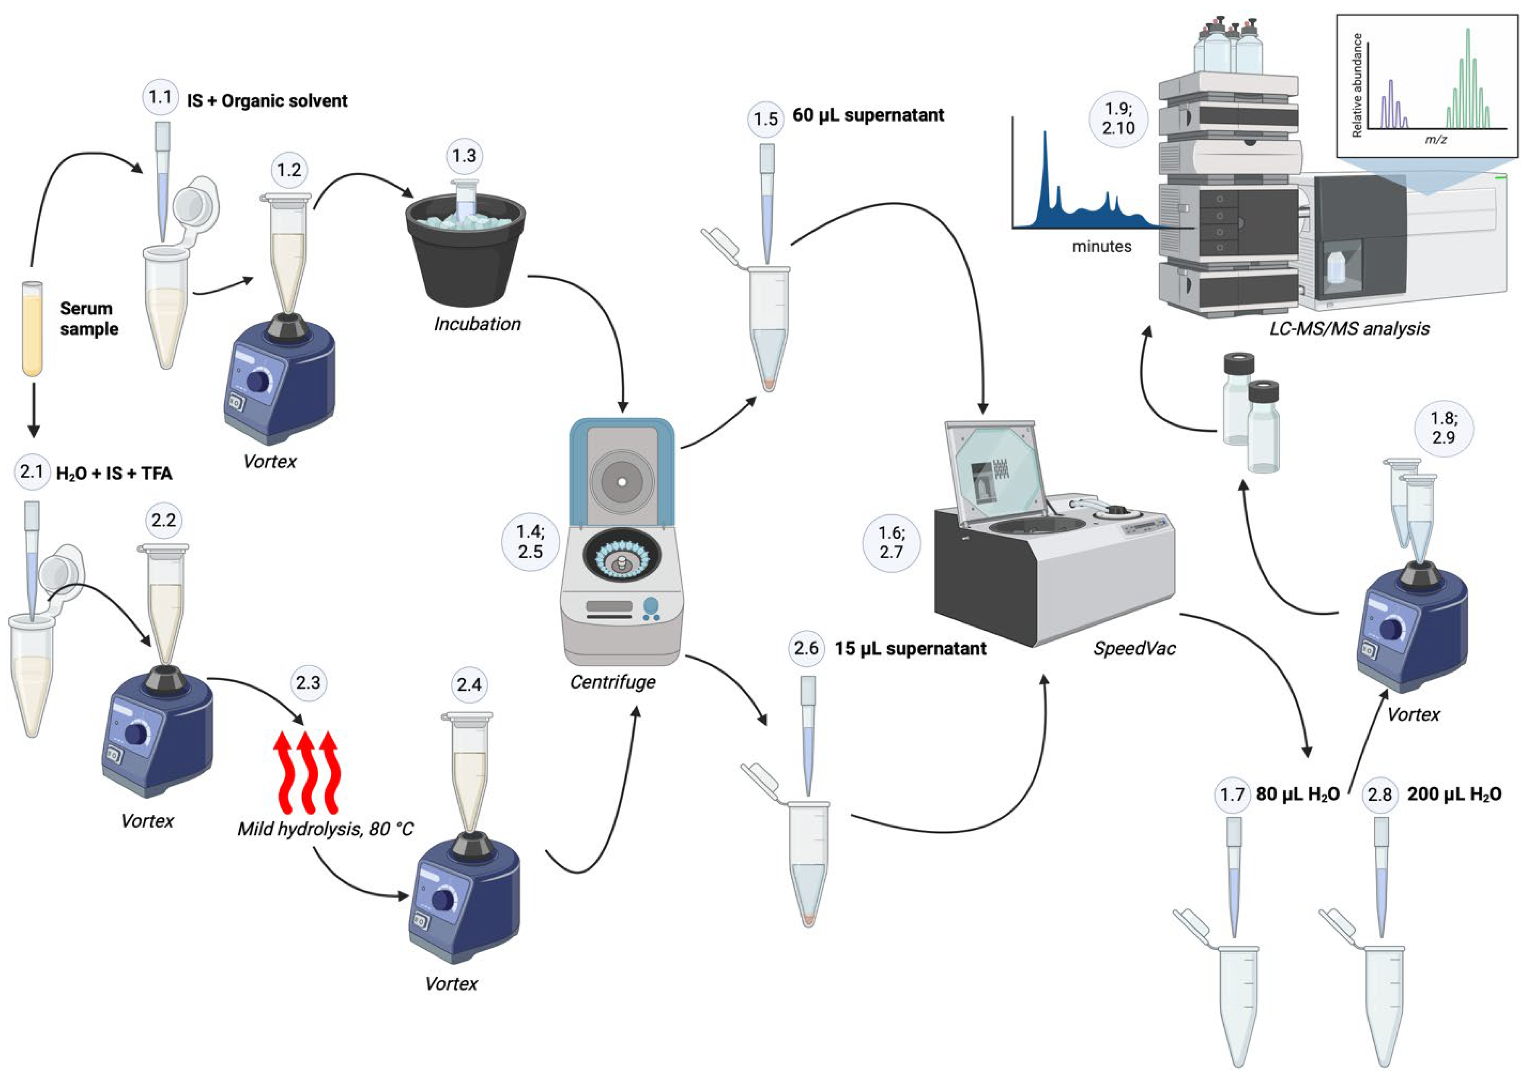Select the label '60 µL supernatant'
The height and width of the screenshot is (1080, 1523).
click(868, 115)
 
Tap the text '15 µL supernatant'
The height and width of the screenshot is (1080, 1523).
click(911, 648)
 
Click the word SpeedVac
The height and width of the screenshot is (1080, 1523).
click(1134, 648)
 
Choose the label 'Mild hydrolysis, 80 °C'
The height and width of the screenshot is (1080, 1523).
click(326, 828)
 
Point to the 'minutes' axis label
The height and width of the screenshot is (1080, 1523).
click(1101, 246)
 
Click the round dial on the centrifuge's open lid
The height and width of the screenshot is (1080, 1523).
click(622, 481)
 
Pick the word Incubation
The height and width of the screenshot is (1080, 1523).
click(477, 325)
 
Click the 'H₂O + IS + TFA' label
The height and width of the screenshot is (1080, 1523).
click(115, 473)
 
